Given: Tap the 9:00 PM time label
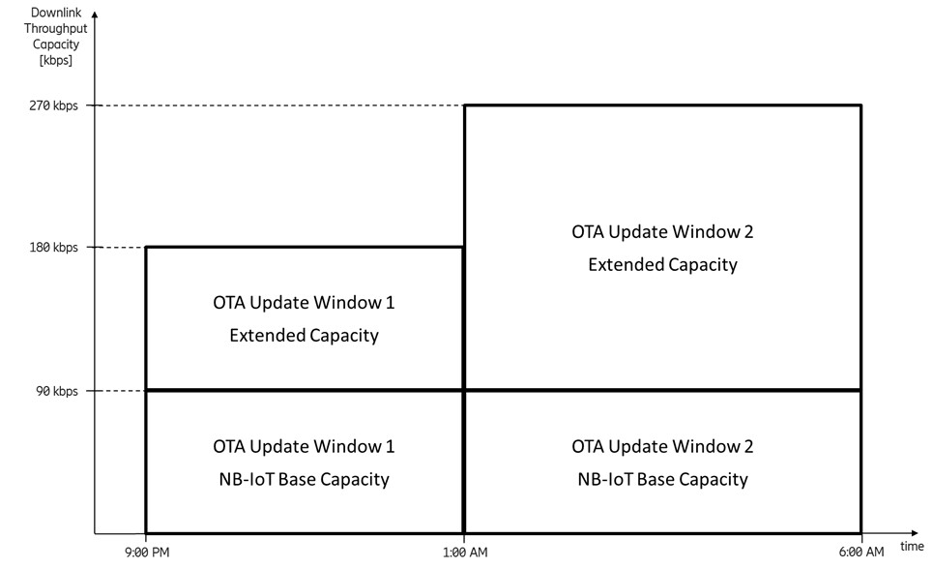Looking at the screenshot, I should (x=145, y=553).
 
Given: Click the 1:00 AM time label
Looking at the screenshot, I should (x=464, y=553).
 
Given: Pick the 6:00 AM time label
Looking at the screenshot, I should (x=860, y=553).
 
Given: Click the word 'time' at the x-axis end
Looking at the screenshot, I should (x=912, y=547).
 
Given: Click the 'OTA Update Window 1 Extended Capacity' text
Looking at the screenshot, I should (x=304, y=319).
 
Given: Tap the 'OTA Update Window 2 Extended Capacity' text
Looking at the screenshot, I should (x=662, y=248).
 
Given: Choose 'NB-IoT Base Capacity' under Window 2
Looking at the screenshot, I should (x=662, y=478).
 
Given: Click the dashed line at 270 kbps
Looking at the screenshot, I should (x=280, y=105).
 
